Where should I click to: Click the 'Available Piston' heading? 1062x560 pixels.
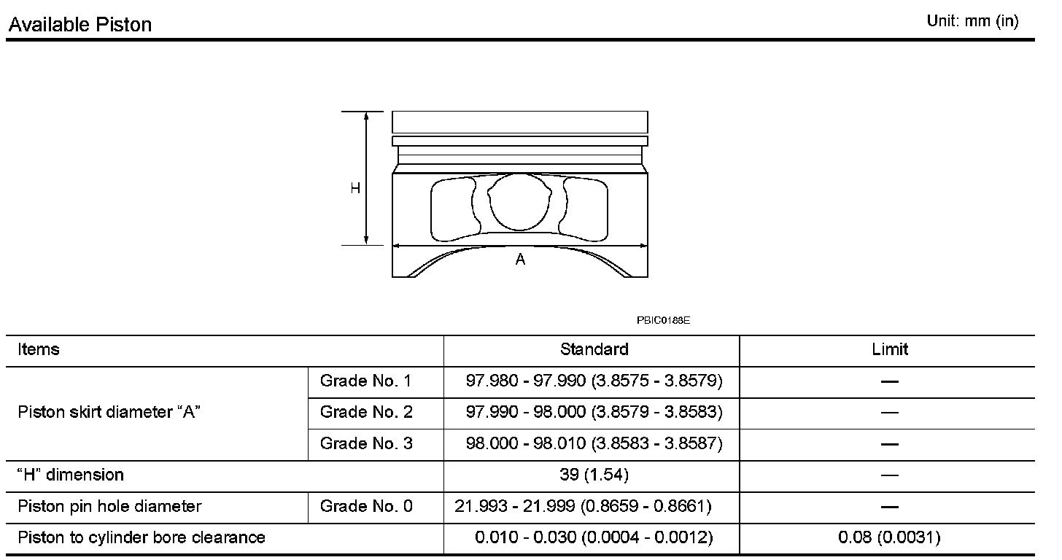[x=80, y=24]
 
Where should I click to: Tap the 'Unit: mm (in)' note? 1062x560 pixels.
[x=972, y=21]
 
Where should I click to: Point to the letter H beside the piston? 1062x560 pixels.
[x=355, y=189]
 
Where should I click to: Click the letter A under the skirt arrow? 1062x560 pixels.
[x=520, y=259]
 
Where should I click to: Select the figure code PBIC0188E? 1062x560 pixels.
[x=663, y=320]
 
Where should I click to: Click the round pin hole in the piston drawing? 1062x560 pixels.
[x=519, y=202]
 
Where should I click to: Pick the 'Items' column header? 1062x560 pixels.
[x=39, y=350]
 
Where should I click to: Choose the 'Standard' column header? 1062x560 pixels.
[x=594, y=350]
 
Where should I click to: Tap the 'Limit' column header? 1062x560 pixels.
[x=889, y=350]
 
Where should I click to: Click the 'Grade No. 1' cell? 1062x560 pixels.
[x=365, y=381]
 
